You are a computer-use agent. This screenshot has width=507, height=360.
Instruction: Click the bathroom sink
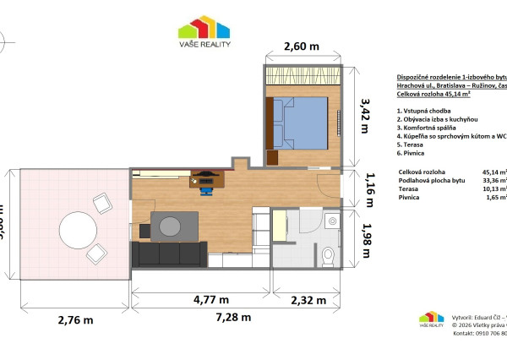tap(330, 221)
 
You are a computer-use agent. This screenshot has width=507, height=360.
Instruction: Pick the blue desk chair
tap(206, 188)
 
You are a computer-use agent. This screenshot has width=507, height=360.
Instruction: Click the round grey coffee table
tap(171, 226)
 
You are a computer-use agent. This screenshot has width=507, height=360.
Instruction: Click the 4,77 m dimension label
tap(211, 299)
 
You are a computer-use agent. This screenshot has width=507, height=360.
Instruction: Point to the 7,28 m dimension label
tap(232, 318)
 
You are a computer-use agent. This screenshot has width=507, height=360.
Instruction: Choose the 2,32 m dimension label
tap(310, 299)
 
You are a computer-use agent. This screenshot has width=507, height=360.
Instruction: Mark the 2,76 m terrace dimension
tap(75, 320)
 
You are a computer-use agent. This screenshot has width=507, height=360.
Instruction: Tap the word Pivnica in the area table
tap(412, 197)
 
